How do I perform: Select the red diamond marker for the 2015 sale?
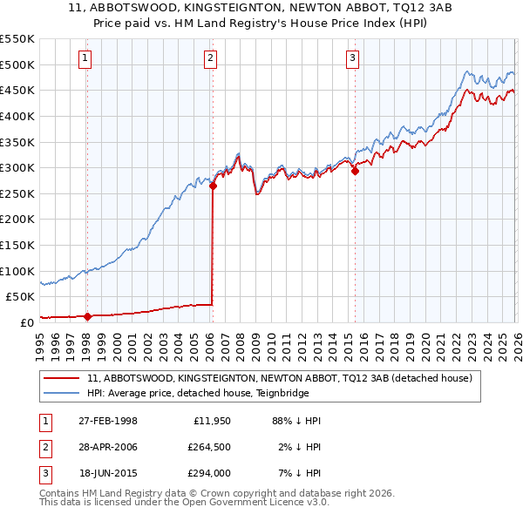355,172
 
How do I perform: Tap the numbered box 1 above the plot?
85,58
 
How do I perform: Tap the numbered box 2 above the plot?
211,58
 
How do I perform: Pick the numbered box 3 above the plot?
352,58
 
